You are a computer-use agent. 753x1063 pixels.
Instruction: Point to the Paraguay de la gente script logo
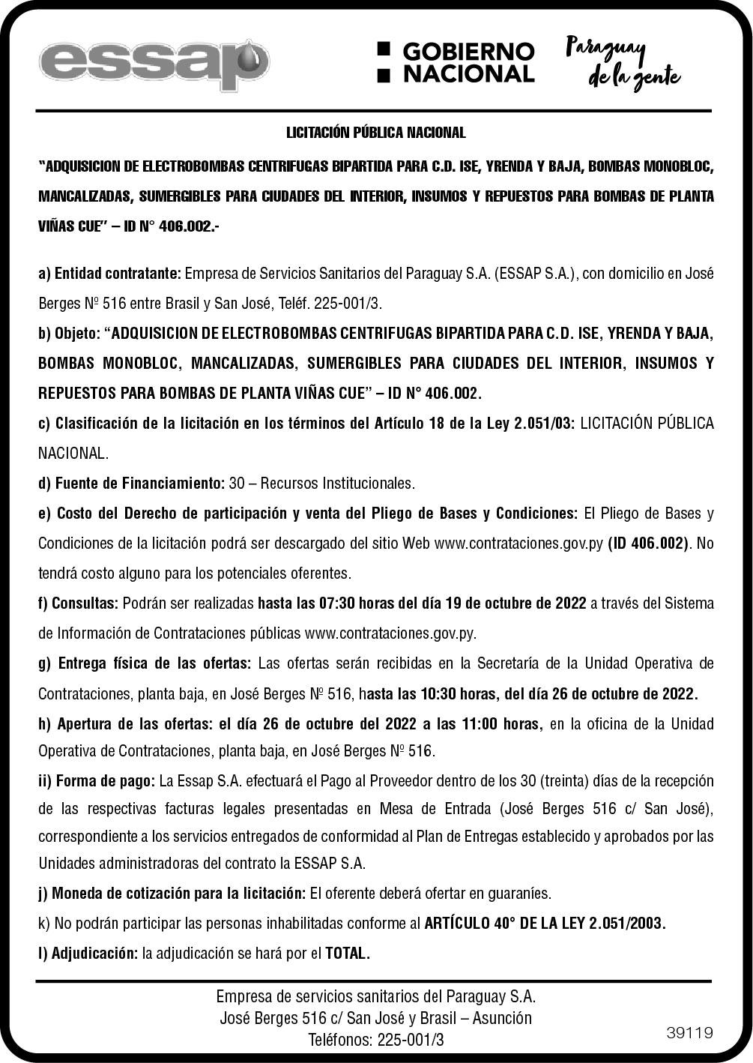(621, 62)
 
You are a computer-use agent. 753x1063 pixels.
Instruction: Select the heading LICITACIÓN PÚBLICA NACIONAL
(376, 133)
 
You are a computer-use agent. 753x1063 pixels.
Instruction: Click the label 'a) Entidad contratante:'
(109, 274)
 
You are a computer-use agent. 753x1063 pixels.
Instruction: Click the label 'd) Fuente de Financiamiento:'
(131, 483)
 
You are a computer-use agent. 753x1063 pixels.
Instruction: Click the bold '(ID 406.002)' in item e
(647, 543)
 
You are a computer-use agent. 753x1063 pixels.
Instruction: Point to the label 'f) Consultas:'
(78, 603)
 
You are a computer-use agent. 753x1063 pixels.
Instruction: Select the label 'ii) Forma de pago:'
(96, 781)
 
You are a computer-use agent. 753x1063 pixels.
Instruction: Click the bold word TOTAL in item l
(348, 954)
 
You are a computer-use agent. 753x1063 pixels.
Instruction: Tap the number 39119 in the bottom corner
(689, 1033)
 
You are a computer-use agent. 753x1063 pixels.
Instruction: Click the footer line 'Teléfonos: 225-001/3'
(376, 1040)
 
